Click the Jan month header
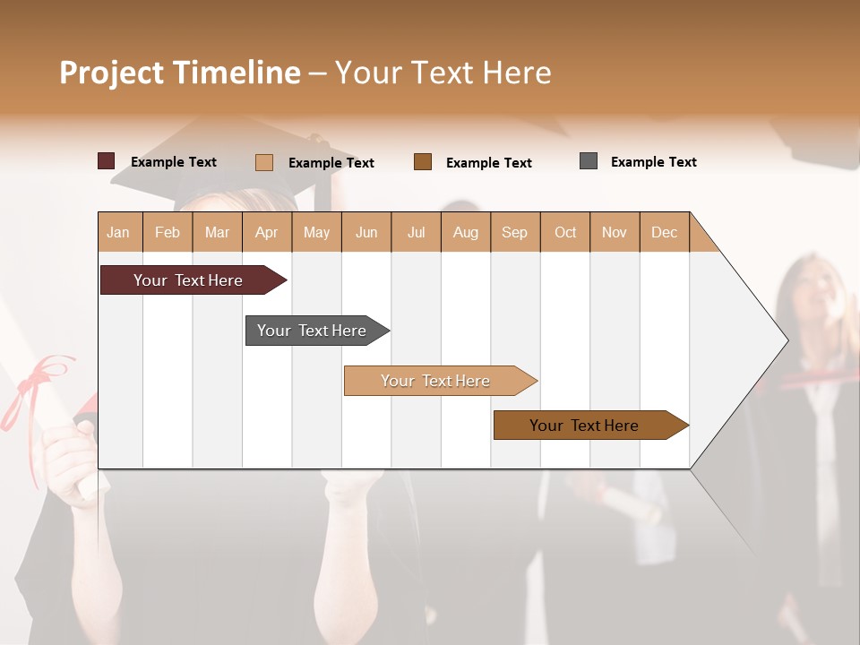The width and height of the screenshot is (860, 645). [118, 232]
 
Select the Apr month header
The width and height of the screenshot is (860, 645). [266, 232]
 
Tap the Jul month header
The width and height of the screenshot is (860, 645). [416, 232]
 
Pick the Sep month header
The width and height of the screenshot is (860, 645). [514, 232]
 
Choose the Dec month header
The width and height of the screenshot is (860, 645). [664, 232]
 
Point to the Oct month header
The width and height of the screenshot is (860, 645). [565, 232]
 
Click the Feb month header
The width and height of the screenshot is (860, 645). [168, 232]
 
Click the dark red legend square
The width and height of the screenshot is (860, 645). [106, 161]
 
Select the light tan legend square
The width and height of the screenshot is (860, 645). [263, 162]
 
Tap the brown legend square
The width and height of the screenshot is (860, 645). [423, 162]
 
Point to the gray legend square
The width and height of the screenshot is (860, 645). [589, 161]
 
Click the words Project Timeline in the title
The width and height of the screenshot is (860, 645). [179, 73]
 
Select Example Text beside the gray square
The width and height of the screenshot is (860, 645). [653, 161]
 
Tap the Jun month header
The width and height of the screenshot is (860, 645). [366, 232]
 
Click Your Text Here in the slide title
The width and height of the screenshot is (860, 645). [443, 73]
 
